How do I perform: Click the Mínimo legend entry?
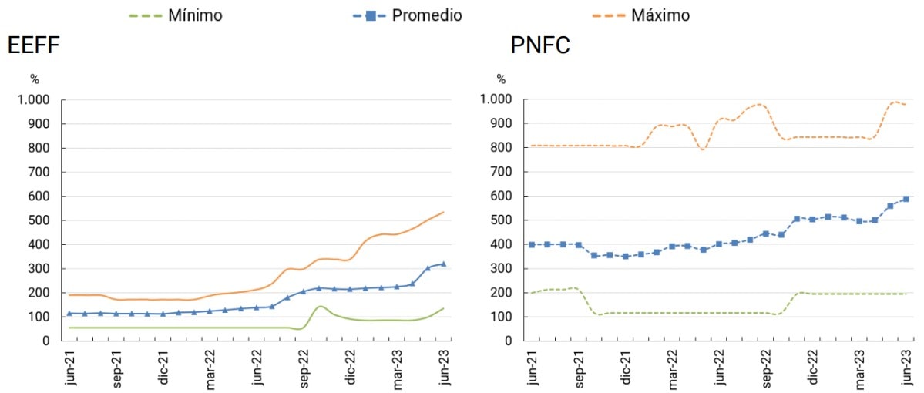pos(195,15)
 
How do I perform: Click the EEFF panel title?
pos(33,46)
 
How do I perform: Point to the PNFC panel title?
pos(540,46)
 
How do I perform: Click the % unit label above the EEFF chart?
pos(35,79)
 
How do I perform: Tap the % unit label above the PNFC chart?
pos(502,79)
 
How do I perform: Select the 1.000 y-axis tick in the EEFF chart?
pos(33,100)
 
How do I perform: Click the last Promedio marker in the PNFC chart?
pos(906,199)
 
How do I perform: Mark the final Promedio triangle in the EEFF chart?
pos(443,264)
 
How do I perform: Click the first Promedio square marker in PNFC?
pos(532,244)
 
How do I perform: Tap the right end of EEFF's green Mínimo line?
pos(444,308)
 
